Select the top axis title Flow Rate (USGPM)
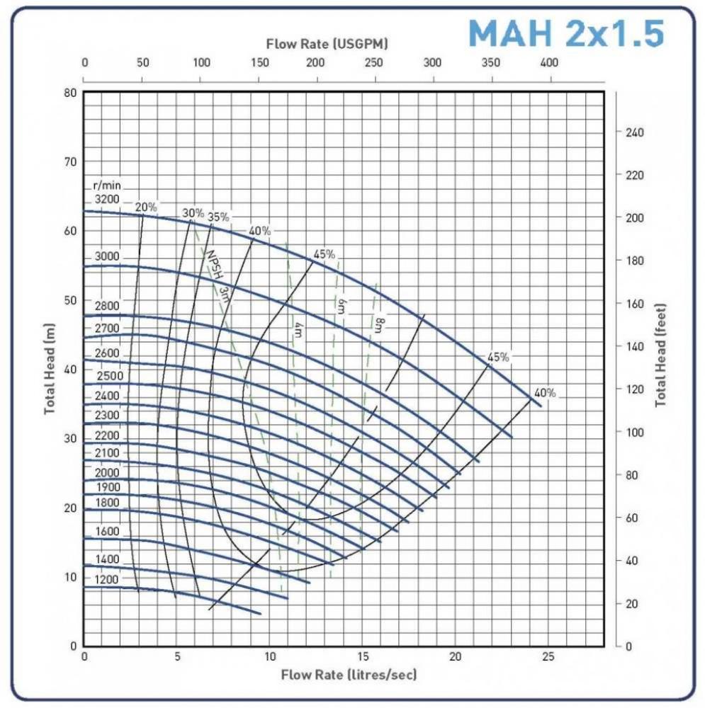click(327, 44)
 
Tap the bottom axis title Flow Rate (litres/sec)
click(349, 673)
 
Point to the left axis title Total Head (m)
click(50, 369)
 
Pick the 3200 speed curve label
click(107, 199)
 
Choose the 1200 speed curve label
click(107, 580)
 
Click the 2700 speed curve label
click(107, 329)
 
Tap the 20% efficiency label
click(146, 207)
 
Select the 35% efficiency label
click(218, 217)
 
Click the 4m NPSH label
click(297, 330)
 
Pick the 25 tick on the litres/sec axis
click(548, 657)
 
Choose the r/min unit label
click(106, 185)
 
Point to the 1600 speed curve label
click(107, 532)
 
